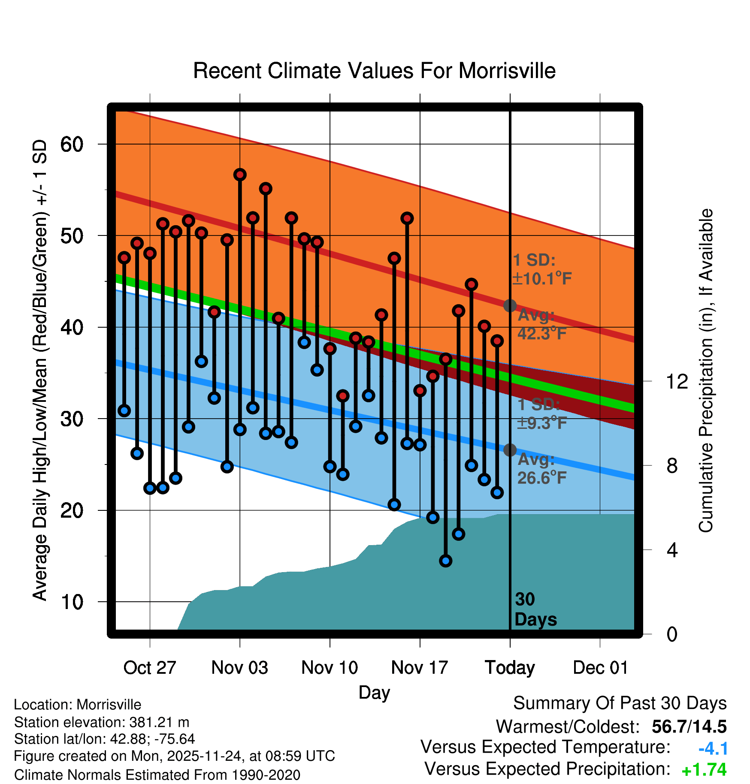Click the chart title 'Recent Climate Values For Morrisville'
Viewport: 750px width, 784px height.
[x=374, y=71]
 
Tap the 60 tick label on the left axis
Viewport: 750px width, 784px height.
[x=72, y=145]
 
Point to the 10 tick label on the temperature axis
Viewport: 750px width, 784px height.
[x=72, y=602]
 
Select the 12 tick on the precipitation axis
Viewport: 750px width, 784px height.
[x=677, y=381]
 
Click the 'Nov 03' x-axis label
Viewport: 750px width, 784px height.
[x=239, y=668]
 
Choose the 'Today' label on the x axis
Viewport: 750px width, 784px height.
[x=510, y=668]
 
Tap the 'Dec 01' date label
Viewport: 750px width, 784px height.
[x=600, y=668]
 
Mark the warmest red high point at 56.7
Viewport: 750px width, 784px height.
[x=240, y=175]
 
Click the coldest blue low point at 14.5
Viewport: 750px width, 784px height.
[x=446, y=561]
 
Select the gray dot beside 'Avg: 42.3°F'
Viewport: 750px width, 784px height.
[x=510, y=305]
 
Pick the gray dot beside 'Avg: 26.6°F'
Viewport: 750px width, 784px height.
[x=510, y=450]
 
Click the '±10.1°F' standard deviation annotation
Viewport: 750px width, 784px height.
[x=542, y=279]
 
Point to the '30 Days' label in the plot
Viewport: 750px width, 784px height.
[x=535, y=609]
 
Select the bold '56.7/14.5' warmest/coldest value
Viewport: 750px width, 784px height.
[x=689, y=727]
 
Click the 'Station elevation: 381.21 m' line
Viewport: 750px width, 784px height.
[x=102, y=722]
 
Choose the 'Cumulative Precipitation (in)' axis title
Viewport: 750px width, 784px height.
[x=706, y=371]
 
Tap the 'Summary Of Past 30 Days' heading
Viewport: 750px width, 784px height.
[x=620, y=703]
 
